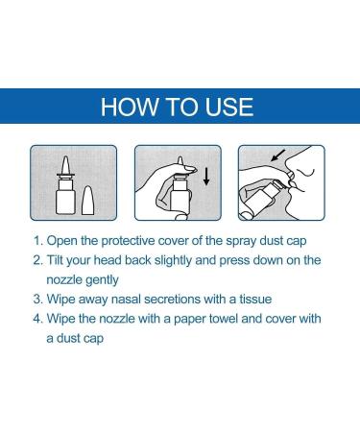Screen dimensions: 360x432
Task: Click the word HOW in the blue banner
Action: pyautogui.click(x=130, y=107)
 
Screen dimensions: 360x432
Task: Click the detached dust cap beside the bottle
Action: pyautogui.click(x=88, y=201)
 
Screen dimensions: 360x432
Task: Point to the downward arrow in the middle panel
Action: pyautogui.click(x=206, y=177)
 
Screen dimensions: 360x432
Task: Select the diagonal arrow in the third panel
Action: pyautogui.click(x=277, y=156)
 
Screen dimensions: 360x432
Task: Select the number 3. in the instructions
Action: pyautogui.click(x=38, y=300)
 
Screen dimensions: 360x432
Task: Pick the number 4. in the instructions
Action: pyautogui.click(x=38, y=319)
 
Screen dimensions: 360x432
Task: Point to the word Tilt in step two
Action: pyautogui.click(x=55, y=260)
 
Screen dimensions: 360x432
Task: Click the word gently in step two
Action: pyautogui.click(x=102, y=280)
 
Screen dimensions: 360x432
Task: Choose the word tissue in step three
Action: pyautogui.click(x=255, y=300)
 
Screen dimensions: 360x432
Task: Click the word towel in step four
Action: pyautogui.click(x=224, y=319)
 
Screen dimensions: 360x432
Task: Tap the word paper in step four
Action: pyautogui.click(x=188, y=320)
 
